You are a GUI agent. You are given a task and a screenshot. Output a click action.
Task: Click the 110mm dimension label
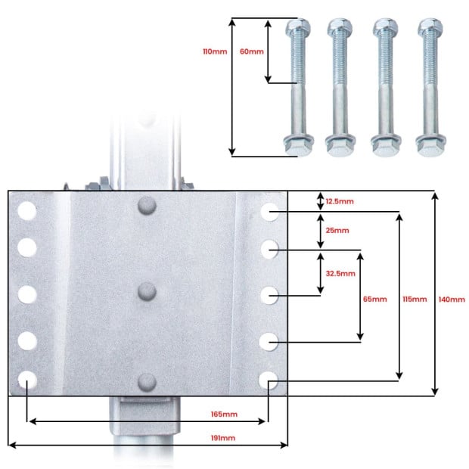point(215,51)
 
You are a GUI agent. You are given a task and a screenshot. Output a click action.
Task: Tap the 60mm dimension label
point(252,51)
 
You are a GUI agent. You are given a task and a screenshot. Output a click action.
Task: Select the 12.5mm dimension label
point(340,201)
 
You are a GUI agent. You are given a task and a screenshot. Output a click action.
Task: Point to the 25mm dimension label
point(337,230)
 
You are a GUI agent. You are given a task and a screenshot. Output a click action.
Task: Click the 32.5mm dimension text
point(340,273)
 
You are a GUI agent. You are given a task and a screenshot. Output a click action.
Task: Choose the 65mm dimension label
point(374,299)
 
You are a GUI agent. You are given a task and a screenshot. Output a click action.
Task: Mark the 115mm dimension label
point(415,299)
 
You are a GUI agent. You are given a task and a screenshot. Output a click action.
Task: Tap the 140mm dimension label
point(452,299)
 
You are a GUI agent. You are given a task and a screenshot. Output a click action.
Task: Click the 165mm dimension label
point(224,415)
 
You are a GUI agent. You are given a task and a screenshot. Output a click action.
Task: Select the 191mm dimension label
point(223,438)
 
